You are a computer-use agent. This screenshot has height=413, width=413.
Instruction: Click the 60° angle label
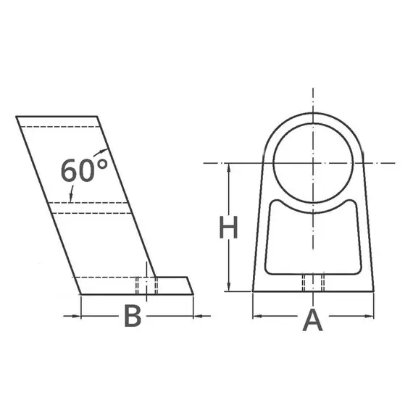click(83, 170)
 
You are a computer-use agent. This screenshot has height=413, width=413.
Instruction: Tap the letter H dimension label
click(229, 228)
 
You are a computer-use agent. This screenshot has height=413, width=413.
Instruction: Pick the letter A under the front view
click(312, 319)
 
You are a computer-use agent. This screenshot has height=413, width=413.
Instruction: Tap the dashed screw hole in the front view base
click(312, 283)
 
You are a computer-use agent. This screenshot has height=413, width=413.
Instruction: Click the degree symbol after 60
click(102, 162)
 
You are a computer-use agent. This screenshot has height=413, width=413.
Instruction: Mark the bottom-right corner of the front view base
click(374, 291)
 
